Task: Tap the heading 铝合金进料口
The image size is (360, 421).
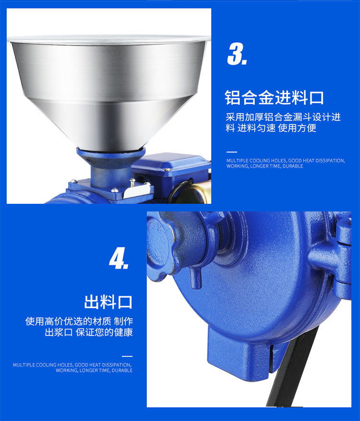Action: click(x=274, y=97)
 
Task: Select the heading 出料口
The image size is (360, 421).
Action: click(x=108, y=302)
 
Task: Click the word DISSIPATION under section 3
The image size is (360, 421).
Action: click(x=330, y=161)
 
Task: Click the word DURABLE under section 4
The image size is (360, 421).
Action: click(x=122, y=371)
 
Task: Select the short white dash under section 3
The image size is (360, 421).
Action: click(x=232, y=152)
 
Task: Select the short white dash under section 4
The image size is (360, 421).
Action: click(x=127, y=356)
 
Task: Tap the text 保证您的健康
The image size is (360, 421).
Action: click(x=104, y=332)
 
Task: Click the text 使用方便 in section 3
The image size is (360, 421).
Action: click(x=297, y=128)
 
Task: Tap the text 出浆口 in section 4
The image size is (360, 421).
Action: click(x=59, y=332)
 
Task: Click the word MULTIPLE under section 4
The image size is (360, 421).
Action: click(x=24, y=365)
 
